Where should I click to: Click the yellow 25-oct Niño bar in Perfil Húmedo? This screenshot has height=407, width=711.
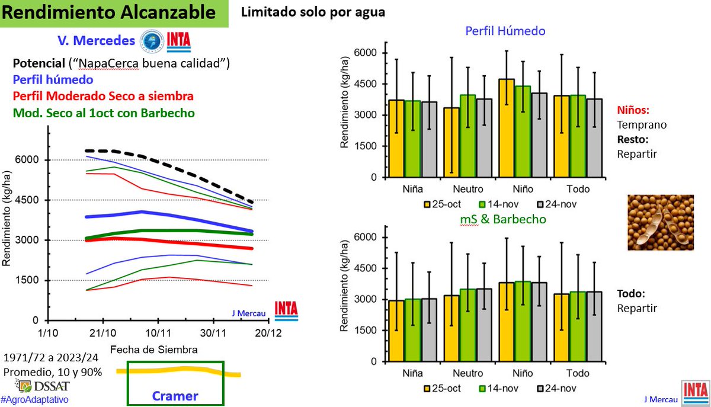507,128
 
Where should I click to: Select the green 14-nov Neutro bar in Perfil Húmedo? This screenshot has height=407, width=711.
468,136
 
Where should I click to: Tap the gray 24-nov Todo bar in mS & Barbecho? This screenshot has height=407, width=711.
594,326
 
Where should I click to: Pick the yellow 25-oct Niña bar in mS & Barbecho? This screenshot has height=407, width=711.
396,331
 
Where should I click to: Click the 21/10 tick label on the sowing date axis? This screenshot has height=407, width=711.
103,333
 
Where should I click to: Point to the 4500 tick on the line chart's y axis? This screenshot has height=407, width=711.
27,200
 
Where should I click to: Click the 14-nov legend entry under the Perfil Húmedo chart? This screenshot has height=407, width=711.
499,204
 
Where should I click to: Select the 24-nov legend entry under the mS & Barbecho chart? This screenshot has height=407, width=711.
557,388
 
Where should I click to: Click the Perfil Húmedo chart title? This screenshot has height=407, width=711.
505,31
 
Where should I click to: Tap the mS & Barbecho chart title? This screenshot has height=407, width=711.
503,219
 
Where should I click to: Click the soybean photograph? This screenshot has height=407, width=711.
661,223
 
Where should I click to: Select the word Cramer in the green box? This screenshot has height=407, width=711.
175,396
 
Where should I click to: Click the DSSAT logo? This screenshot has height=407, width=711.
43,386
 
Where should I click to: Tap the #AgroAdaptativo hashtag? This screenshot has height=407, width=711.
34,399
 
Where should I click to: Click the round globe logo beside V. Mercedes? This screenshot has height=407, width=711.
152,41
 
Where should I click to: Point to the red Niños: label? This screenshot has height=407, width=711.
633,110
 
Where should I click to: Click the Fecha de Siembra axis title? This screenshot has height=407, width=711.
154,350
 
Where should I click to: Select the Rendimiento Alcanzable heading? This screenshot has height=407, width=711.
108,12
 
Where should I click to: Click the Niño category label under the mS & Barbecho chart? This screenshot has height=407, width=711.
523,373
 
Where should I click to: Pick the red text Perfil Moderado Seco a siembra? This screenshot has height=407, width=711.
103,96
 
